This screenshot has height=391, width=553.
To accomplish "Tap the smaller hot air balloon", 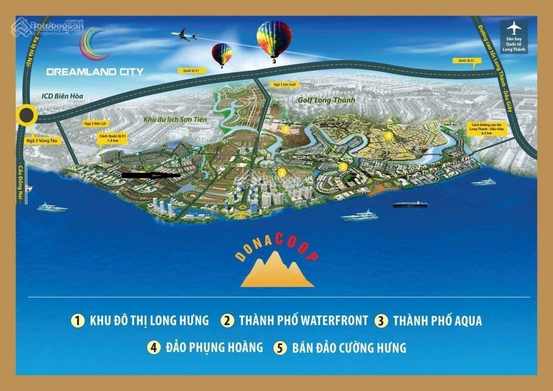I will (x=222, y=54).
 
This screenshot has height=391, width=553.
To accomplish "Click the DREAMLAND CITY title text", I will (x=90, y=71).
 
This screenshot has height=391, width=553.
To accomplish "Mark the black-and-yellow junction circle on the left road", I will (x=26, y=115).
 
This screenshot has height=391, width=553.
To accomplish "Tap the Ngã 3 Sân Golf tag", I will (x=285, y=85).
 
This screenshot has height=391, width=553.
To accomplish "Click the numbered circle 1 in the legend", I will (x=78, y=320).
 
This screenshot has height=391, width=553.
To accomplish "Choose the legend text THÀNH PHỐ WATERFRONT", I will (x=303, y=320).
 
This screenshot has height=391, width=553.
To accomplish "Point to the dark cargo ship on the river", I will (x=410, y=204).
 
